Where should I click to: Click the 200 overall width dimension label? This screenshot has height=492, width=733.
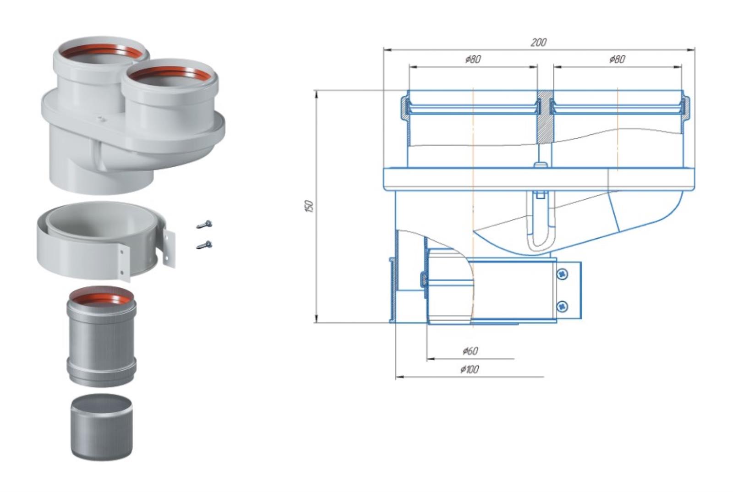538,43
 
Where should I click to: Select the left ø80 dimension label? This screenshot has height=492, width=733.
473,59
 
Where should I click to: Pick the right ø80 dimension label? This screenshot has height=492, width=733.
617,59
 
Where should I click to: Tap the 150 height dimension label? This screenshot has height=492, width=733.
310,206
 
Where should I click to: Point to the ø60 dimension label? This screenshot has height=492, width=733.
470,351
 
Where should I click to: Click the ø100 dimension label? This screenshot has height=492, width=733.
470,369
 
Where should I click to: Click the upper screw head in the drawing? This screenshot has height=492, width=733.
562,274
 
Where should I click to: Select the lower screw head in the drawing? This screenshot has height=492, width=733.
562,307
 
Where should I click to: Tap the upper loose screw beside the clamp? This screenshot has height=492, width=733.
204,225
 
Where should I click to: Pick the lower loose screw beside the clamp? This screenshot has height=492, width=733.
204,245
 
